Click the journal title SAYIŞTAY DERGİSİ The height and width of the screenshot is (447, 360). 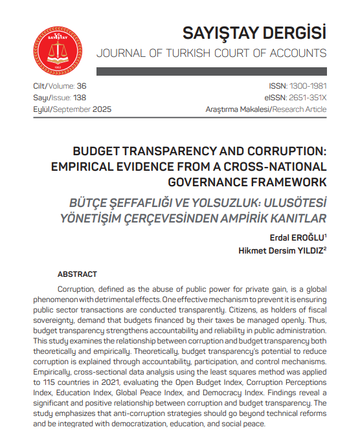pos(254,32)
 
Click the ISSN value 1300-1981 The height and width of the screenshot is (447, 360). pos(308,86)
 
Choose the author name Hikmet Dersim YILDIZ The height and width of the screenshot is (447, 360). pos(281,250)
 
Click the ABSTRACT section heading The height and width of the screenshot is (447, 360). pos(78,274)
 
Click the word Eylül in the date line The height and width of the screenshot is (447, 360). pos(43,109)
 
